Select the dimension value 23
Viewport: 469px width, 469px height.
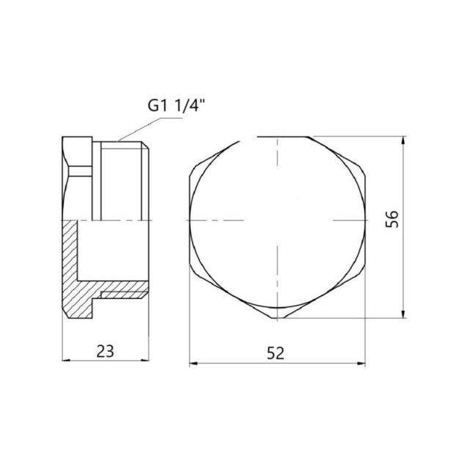pos(106,351)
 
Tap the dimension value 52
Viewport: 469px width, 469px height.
pos(276,353)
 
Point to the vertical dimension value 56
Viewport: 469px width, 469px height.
pos(392,219)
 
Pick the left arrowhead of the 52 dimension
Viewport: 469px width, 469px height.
pos(194,363)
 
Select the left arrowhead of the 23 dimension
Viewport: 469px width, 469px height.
pos(67,361)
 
